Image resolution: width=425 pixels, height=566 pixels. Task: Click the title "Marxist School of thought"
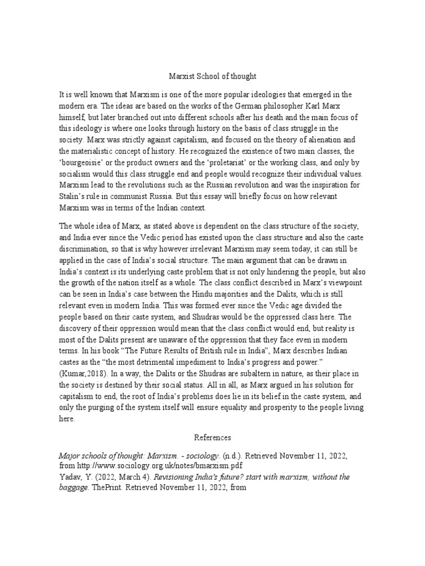tap(212, 76)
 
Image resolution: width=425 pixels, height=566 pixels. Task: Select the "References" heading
tap(212, 437)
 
